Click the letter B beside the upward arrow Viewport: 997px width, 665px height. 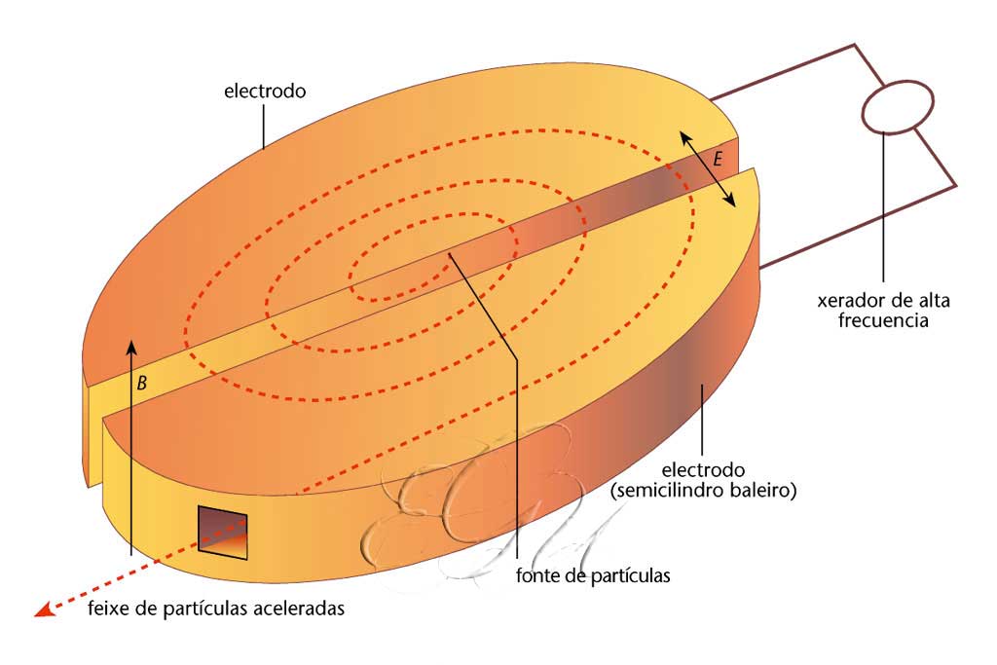[x=141, y=385]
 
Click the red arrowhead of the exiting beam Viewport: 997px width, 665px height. [x=43, y=610]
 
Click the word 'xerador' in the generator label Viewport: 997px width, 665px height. [x=849, y=300]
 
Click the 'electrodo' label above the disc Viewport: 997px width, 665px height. [x=265, y=92]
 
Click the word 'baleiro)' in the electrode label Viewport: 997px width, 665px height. [x=766, y=491]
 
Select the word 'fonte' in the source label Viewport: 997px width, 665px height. [x=538, y=575]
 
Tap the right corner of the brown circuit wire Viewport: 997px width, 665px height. [x=956, y=185]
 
